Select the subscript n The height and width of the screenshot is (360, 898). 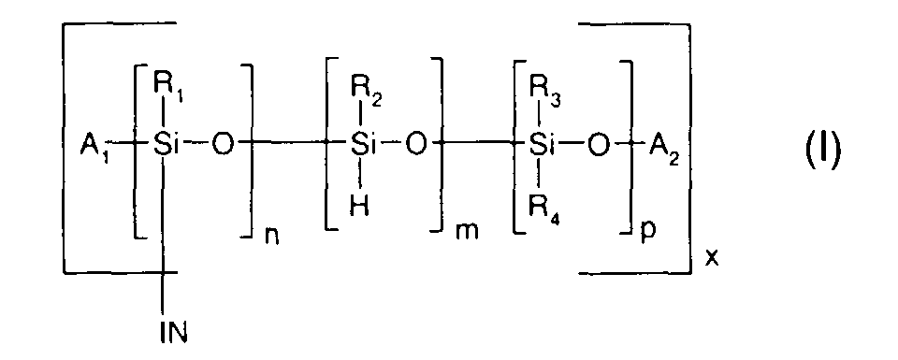270,228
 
